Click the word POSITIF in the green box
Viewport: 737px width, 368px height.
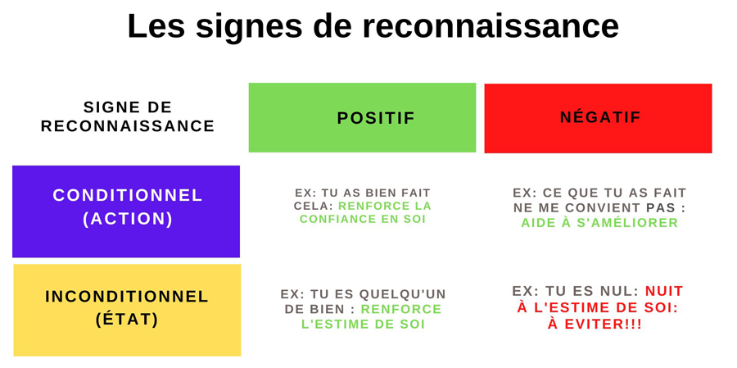pos(376,118)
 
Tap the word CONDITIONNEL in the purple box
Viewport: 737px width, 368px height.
pos(128,195)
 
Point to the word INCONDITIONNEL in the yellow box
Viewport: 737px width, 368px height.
pos(127,297)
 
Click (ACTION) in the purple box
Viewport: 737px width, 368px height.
pos(128,220)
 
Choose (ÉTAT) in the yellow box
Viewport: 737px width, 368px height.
pos(127,320)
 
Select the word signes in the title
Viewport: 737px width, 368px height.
pos(249,28)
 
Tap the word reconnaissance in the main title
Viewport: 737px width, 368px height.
pos(491,27)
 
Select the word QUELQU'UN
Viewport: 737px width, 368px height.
pos(402,294)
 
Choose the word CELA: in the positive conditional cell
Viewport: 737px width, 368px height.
pos(314,206)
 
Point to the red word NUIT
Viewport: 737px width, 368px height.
pos(664,291)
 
